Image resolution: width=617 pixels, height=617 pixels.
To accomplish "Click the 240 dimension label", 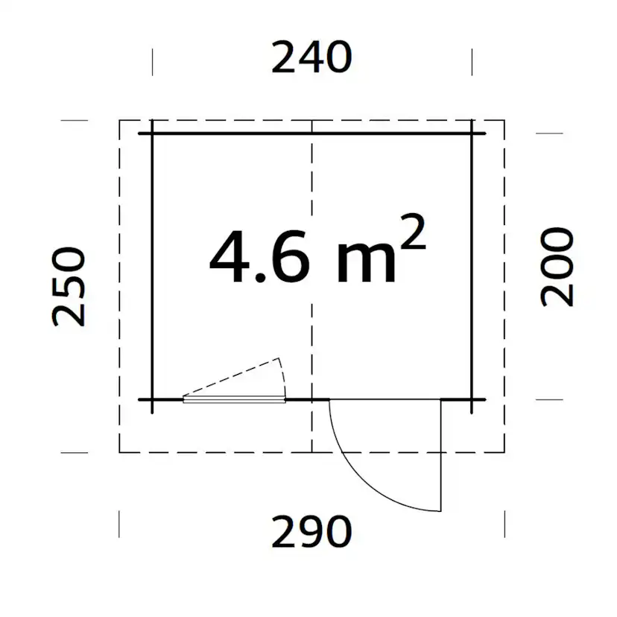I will (x=311, y=58).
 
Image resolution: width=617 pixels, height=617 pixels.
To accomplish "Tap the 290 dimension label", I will (x=311, y=532).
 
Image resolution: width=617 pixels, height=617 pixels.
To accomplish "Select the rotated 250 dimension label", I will (x=69, y=287).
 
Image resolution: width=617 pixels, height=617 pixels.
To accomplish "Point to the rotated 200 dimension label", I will (x=557, y=267).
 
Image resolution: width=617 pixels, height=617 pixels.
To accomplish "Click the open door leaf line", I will (x=441, y=455).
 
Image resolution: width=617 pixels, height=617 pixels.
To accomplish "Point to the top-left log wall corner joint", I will (x=152, y=134).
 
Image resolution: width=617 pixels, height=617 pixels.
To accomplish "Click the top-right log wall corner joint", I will (x=472, y=134).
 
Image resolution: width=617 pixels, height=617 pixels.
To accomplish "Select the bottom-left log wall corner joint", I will (x=152, y=400).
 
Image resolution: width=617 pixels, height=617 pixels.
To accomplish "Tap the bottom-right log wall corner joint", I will (x=472, y=400).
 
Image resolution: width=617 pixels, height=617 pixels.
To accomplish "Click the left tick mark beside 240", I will (x=153, y=62).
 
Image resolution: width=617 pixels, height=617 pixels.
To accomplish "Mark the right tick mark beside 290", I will (x=504, y=524).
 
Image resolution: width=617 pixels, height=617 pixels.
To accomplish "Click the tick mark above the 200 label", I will (x=549, y=134).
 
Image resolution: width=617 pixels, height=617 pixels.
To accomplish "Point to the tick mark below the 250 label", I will (x=74, y=452).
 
